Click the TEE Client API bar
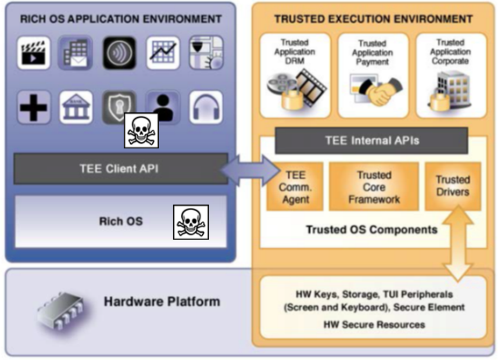tap(118, 168)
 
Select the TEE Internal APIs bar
tap(371, 140)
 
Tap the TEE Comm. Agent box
tap(295, 187)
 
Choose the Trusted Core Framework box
tap(374, 187)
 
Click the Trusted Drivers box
tap(452, 185)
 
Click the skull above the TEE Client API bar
tap(141, 130)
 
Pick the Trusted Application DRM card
tap(294, 75)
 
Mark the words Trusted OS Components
tap(371, 230)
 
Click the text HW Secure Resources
tap(374, 324)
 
